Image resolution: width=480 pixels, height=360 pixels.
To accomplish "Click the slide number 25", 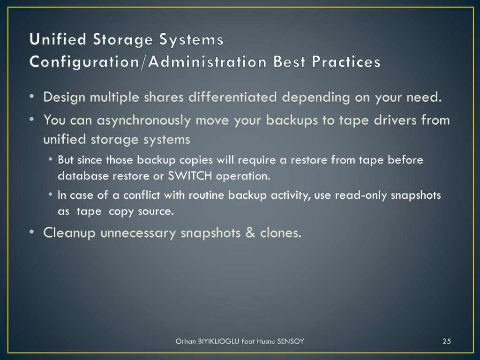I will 446,341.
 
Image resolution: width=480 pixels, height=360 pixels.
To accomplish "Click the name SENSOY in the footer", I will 291,341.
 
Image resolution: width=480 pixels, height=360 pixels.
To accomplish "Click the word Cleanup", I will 70,232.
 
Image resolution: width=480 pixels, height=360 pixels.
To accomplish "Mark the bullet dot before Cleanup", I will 31,232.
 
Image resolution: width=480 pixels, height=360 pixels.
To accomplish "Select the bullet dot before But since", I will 50,160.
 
